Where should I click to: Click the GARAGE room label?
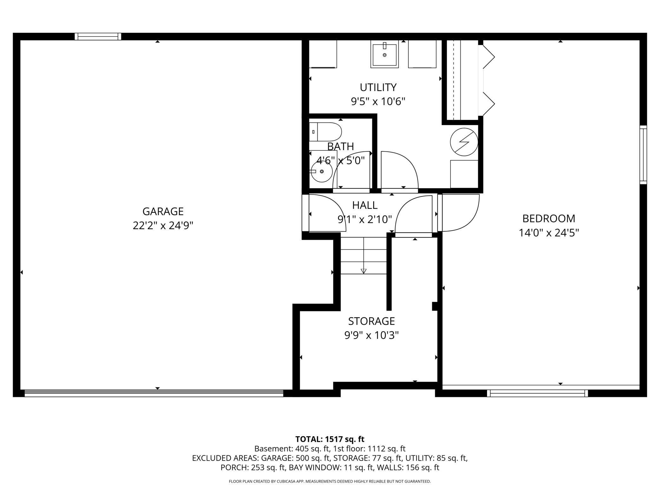pos(163,211)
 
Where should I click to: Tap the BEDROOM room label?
pos(549,219)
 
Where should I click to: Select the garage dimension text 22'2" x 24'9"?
pos(163,226)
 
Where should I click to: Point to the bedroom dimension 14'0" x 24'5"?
pos(549,233)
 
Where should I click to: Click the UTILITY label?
pos(378,87)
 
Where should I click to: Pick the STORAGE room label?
pos(371,321)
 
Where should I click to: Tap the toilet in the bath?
pos(325,132)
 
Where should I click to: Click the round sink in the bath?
pos(321,171)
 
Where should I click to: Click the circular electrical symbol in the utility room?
pos(464,142)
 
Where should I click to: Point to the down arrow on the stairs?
pos(364,271)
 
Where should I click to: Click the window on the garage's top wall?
pos(98,36)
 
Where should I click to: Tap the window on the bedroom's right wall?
pos(643,155)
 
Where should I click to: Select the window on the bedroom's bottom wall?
pos(537,393)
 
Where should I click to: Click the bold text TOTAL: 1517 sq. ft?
pos(330,439)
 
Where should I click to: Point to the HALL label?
pos(365,205)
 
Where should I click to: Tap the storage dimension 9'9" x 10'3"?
pos(371,335)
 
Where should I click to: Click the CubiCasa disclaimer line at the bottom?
pos(330,481)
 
